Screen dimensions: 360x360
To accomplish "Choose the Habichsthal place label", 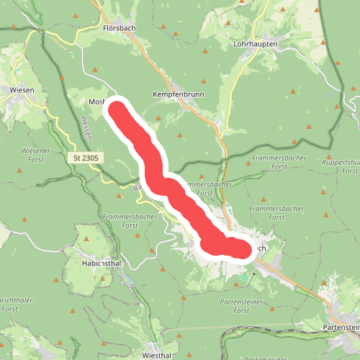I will [x=100, y=264].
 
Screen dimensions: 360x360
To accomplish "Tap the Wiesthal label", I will [x=159, y=355].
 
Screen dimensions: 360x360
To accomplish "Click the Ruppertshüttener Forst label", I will [x=342, y=166].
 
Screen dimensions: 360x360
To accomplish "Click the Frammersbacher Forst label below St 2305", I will [x=120, y=220].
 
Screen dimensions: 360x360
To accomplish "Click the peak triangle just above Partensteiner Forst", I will [x=228, y=284].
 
